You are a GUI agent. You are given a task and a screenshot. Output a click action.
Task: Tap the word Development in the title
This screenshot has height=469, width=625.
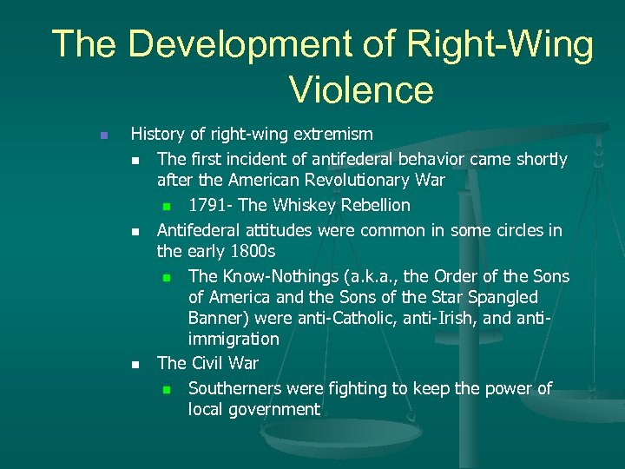point(235,43)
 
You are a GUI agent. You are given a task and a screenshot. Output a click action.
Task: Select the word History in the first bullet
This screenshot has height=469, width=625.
point(158,134)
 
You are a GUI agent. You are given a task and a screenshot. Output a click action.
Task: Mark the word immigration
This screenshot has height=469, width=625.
point(234,339)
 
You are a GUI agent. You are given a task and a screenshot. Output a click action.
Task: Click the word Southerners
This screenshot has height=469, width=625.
point(236,388)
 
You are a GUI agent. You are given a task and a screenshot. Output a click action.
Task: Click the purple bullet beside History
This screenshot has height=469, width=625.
point(102,135)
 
